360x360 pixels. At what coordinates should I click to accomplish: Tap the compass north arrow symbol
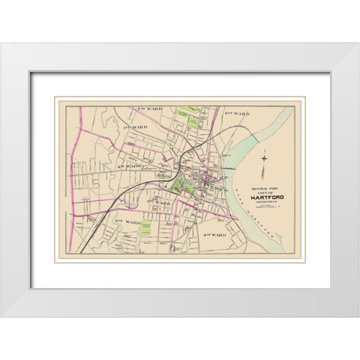click(263, 159)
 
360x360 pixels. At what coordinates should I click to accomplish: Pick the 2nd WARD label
click(128, 165)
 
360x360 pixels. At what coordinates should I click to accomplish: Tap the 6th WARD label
click(127, 222)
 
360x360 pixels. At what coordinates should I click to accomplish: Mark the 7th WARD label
click(148, 110)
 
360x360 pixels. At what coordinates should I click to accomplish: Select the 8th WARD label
click(235, 113)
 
